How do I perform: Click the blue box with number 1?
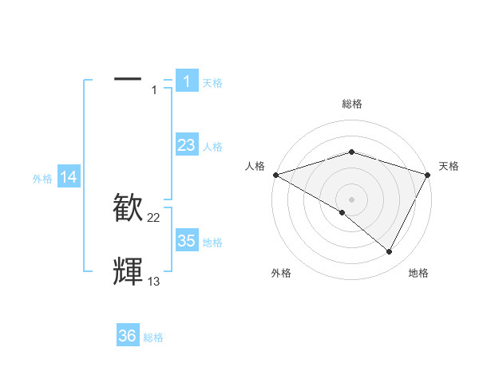[187, 81]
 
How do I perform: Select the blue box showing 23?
[187, 145]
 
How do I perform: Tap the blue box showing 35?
[187, 241]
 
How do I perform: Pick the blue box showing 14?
[69, 178]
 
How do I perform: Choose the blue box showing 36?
[128, 336]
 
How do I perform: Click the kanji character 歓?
[129, 207]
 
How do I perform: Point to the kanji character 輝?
[129, 271]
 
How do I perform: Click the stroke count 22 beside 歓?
[154, 218]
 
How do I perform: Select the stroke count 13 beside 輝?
[154, 282]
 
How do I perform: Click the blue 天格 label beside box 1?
[212, 83]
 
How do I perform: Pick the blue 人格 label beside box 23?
[212, 147]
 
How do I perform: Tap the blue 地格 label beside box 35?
[212, 243]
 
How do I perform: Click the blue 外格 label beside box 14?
[42, 180]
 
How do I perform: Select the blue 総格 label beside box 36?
[153, 337]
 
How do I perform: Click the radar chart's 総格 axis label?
[351, 104]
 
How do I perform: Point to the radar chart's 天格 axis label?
[449, 166]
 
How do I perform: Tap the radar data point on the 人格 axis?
[275, 174]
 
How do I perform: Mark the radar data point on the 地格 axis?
[390, 252]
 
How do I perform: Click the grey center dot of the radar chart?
[351, 199]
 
